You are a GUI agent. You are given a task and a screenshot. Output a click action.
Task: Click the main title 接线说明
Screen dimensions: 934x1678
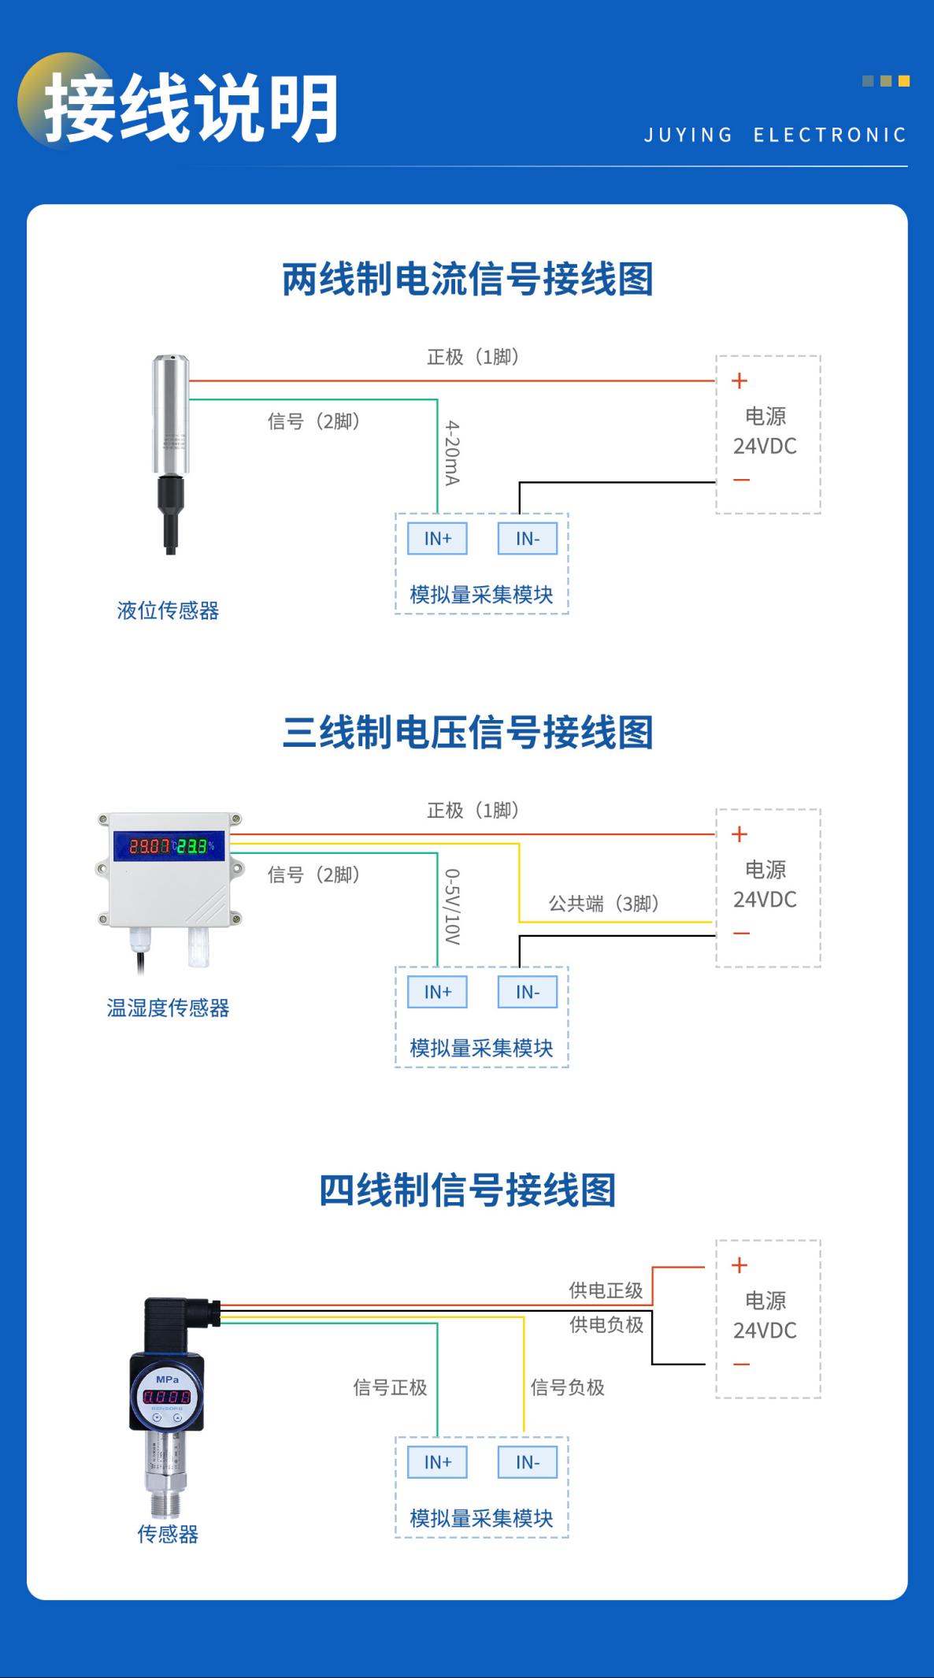191,108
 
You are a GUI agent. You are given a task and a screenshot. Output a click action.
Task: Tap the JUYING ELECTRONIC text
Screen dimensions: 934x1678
775,135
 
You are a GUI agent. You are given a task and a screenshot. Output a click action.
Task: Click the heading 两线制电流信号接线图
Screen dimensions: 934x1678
468,280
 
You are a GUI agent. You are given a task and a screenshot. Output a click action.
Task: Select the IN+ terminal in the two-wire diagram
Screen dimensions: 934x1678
437,539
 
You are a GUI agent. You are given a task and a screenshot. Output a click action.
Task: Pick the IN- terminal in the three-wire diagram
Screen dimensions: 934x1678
527,992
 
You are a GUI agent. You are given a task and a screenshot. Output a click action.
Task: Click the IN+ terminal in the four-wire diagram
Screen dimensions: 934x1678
437,1462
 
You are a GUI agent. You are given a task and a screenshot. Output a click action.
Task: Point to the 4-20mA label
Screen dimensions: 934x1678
452,452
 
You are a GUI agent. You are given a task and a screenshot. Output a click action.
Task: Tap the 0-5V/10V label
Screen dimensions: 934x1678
452,906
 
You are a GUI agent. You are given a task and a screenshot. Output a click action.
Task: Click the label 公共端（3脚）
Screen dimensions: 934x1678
603,904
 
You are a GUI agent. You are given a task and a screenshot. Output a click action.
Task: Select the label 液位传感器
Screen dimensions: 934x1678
168,611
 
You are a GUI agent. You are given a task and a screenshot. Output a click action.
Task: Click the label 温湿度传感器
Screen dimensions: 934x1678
168,1008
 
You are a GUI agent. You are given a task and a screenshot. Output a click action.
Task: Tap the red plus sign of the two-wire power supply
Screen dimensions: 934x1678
739,381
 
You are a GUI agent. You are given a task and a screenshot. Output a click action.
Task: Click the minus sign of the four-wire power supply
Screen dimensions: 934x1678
741,1364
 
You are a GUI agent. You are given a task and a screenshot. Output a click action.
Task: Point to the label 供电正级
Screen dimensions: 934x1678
606,1290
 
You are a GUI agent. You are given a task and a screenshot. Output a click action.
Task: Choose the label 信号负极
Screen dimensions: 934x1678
567,1387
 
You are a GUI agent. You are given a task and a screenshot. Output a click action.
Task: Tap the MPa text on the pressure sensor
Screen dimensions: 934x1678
167,1379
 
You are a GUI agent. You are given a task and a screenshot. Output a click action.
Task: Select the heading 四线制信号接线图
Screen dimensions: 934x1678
468,1190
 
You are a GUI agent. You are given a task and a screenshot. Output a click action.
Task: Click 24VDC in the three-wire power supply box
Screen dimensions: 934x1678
765,900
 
